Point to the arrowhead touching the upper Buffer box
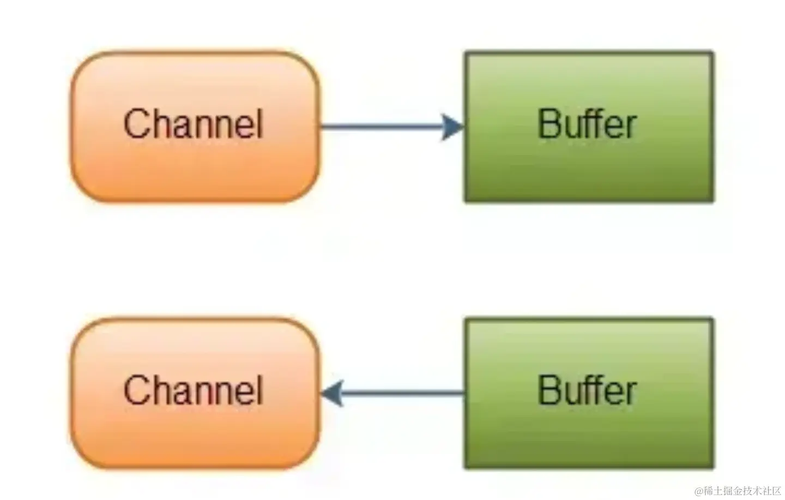(x=452, y=127)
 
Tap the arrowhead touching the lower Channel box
(x=332, y=393)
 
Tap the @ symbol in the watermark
(x=699, y=491)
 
